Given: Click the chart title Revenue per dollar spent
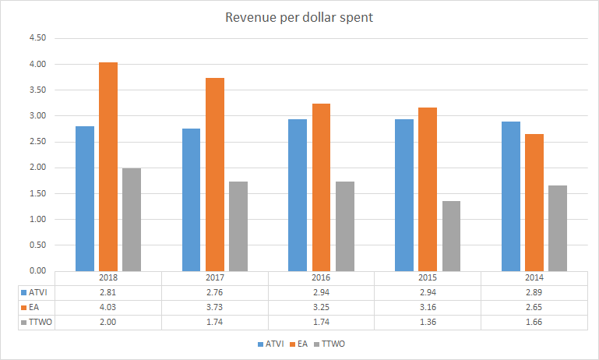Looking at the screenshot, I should coord(299,17).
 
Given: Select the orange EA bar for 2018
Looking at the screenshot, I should coord(108,167).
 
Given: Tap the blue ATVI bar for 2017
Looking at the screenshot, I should coord(191,199).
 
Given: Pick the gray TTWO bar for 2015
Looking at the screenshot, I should coord(451,236).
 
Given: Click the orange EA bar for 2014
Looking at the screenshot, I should coord(534,203).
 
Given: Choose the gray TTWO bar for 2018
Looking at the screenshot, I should coord(132,220).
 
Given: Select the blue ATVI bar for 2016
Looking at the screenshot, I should coord(298,195).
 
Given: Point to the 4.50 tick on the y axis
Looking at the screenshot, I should coord(37,38).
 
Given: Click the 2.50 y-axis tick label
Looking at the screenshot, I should coord(37,142).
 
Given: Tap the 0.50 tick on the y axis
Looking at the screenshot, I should coord(37,245).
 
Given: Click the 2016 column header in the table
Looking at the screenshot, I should coord(321,278).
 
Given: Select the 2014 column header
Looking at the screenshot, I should coord(534,278).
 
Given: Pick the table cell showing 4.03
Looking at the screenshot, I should coord(108,307).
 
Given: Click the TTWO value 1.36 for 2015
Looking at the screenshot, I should coord(428,321).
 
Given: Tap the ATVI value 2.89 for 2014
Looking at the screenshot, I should coord(534,293).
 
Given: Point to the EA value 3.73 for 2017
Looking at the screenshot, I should coord(214,307).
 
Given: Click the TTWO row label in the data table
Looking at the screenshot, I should coord(37,321).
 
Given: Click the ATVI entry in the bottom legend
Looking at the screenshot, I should coord(270,343).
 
